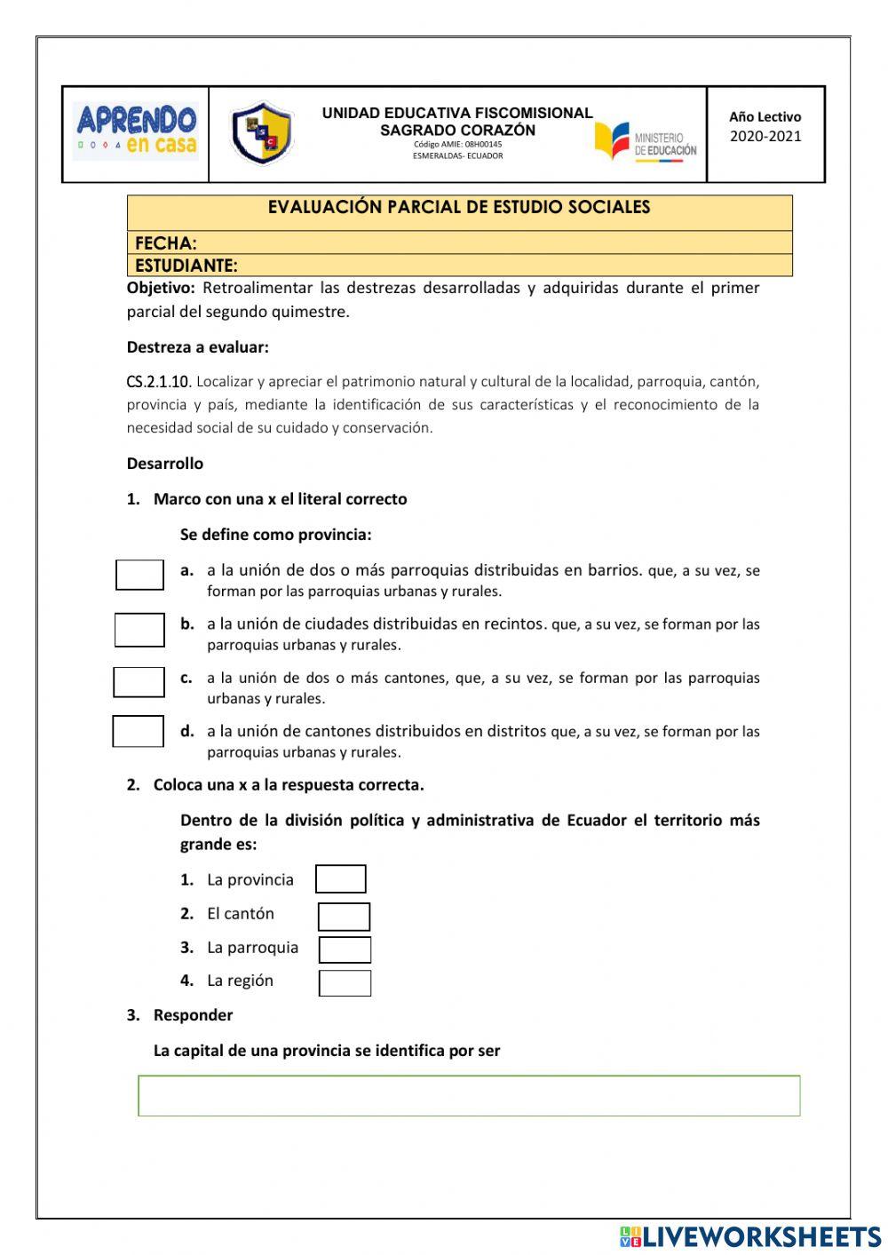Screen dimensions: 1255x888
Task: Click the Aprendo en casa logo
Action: click(136, 131)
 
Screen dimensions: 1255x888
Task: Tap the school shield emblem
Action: click(261, 133)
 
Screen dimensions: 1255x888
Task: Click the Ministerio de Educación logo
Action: click(646, 142)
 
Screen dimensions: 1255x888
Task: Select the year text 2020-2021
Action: click(765, 136)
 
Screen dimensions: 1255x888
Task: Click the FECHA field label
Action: click(166, 242)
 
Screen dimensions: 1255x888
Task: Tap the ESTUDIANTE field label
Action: click(186, 265)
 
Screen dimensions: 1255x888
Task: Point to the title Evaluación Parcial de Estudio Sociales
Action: click(459, 207)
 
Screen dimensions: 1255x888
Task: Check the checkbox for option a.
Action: click(139, 575)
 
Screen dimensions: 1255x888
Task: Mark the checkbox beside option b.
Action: click(139, 630)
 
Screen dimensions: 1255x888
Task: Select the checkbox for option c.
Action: click(139, 682)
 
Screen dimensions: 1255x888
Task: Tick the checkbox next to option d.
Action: click(139, 731)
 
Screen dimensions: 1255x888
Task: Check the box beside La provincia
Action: click(341, 878)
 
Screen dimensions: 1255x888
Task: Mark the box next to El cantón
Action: click(344, 916)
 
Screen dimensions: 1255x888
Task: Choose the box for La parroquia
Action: click(345, 949)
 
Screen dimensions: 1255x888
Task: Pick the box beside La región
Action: click(345, 982)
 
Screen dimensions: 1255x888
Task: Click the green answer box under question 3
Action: click(469, 1095)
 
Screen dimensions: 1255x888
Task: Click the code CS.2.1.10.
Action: click(159, 382)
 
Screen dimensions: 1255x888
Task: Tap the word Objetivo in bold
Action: click(161, 288)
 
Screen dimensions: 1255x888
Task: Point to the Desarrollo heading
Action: click(165, 463)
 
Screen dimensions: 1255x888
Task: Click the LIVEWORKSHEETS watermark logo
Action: click(750, 1235)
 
